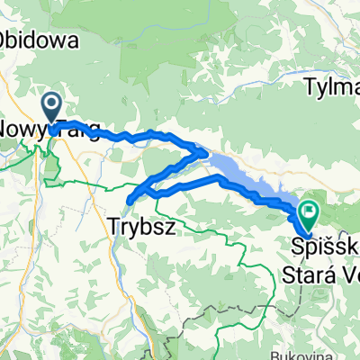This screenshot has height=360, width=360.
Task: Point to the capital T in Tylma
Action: pyautogui.click(x=310, y=87)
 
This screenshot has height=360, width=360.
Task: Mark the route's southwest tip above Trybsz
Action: pyautogui.click(x=130, y=199)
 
